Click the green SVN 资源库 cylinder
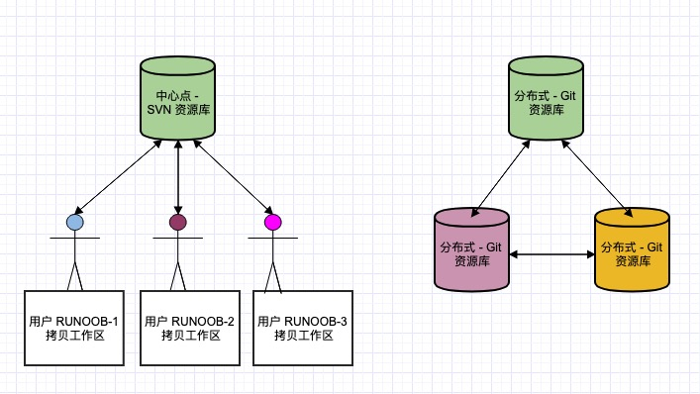pyautogui.click(x=176, y=99)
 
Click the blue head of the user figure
pyautogui.click(x=75, y=223)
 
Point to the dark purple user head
pyautogui.click(x=177, y=223)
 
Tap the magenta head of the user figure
pyautogui.click(x=272, y=223)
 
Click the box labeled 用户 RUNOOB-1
pyautogui.click(x=74, y=329)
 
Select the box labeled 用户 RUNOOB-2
pyautogui.click(x=189, y=329)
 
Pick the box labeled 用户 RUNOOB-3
pyautogui.click(x=303, y=329)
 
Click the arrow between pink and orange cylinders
pyautogui.click(x=551, y=255)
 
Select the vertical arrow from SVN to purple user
pyautogui.click(x=177, y=176)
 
